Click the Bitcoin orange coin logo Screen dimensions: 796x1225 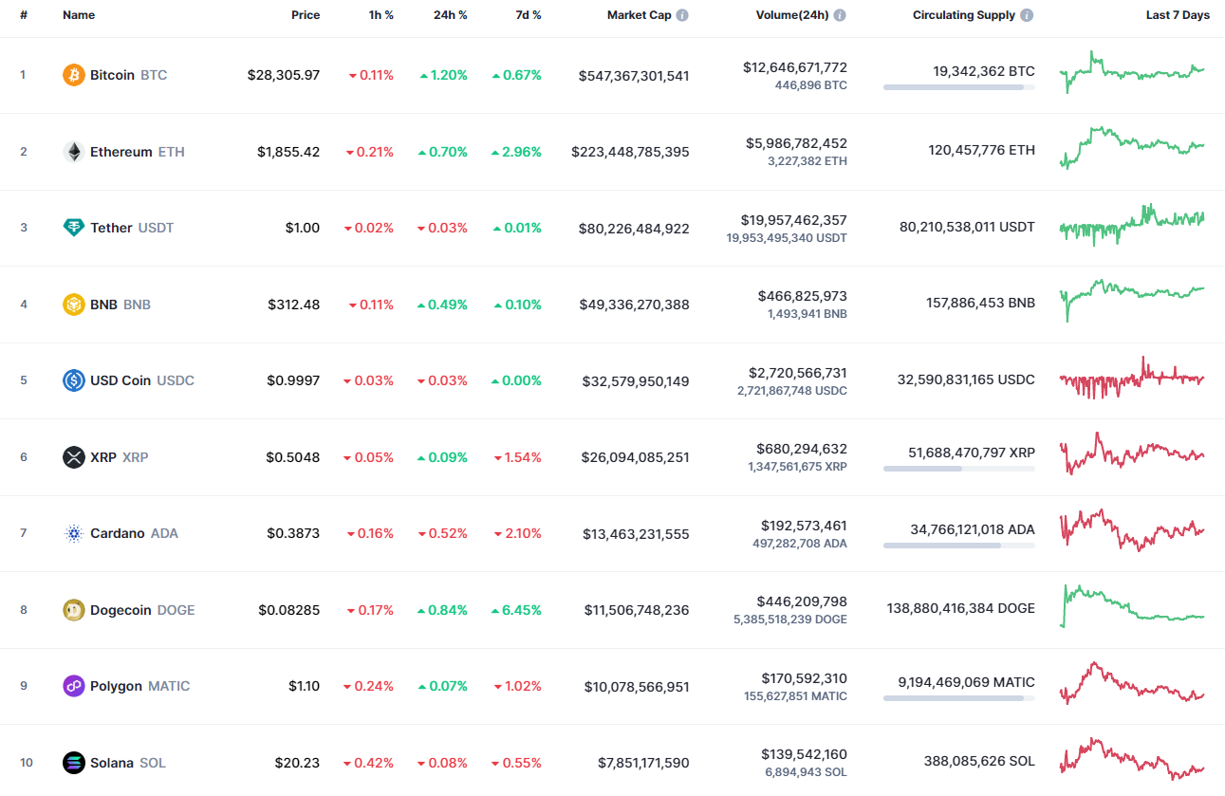pos(73,75)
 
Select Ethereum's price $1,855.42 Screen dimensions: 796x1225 pos(288,152)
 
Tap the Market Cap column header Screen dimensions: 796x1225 pos(640,15)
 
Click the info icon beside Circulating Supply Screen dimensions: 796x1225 pos(1028,15)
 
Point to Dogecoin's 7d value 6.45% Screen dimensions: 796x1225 pos(517,610)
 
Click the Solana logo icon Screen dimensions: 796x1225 pos(73,763)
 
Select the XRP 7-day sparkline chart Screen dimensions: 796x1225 pos(1132,454)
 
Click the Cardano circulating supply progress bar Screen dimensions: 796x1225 pos(958,546)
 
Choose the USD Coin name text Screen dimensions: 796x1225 pos(121,380)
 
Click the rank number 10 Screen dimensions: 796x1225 pos(26,763)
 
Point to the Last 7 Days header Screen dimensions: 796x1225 pos(1178,15)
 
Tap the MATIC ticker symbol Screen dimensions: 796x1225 pos(169,686)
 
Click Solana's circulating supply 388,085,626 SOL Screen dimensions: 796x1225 pos(979,761)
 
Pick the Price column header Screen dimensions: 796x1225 pos(306,15)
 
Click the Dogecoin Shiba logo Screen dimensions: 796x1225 pos(73,610)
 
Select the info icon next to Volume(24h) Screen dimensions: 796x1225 pos(840,15)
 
